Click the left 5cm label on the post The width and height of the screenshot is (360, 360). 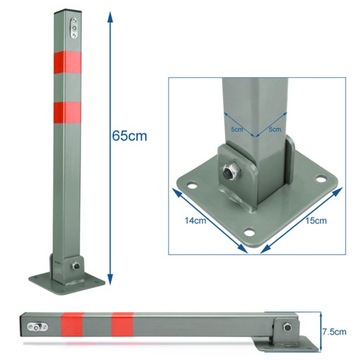[236, 127]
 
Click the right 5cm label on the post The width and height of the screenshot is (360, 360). [273, 127]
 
